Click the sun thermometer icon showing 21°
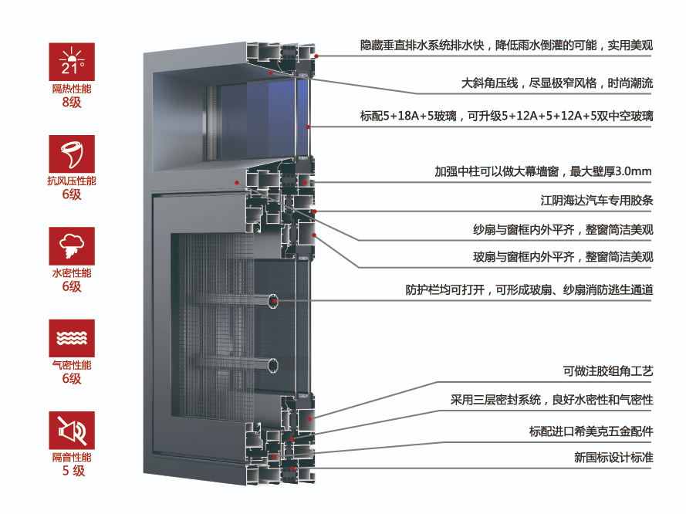72,62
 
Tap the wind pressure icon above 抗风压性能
72,154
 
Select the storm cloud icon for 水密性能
72,245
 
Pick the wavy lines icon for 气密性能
72,338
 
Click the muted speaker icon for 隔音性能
72,430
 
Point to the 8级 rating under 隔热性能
72,102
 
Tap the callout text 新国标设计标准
613,457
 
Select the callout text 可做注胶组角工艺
607,372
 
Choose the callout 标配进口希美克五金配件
591,431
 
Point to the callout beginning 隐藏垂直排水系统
506,46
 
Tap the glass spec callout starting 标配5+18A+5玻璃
506,117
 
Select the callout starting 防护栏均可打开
529,290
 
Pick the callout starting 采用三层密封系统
552,400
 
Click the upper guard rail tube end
273,301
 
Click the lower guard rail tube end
273,364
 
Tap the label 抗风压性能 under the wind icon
72,181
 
